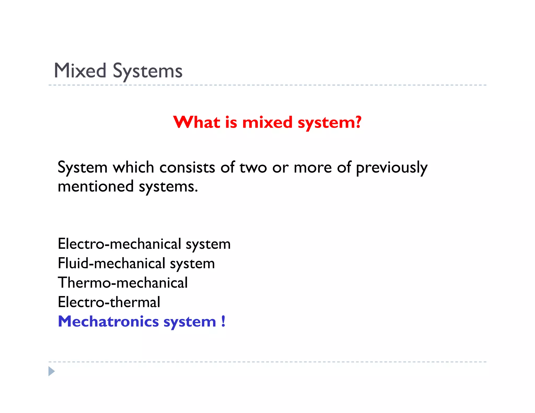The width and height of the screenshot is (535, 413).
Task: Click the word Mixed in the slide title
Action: click(80, 71)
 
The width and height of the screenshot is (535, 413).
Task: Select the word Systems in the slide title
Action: click(147, 71)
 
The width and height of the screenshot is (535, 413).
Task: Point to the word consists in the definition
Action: click(187, 167)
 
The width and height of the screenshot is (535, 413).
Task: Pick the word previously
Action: click(392, 168)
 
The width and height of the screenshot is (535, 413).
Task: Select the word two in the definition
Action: click(253, 168)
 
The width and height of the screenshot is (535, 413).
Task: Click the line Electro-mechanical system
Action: click(144, 244)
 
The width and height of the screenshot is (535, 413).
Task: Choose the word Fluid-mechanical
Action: click(112, 263)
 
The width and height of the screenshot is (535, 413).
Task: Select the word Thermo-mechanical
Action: click(123, 283)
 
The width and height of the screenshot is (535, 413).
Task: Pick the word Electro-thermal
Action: click(109, 302)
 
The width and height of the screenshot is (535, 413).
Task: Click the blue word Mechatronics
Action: click(108, 321)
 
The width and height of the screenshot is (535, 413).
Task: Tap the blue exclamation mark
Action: click(223, 321)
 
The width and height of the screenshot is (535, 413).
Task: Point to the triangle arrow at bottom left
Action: click(51, 371)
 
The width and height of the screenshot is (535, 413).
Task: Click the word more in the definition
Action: click(312, 168)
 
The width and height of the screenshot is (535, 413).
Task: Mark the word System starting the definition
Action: click(83, 167)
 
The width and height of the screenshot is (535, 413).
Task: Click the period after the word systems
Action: click(196, 191)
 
